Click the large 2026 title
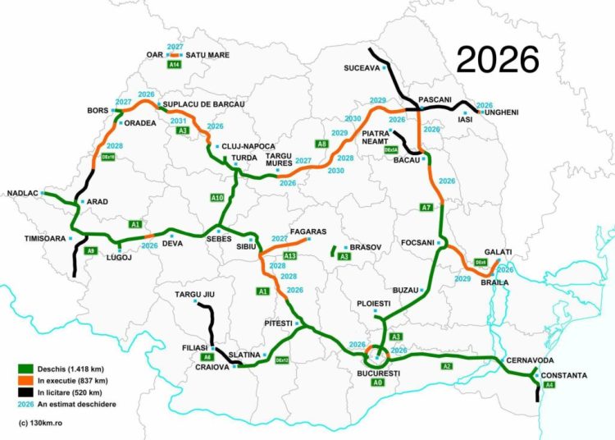498,59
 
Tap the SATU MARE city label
207,55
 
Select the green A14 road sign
174,64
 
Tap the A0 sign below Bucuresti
376,383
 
